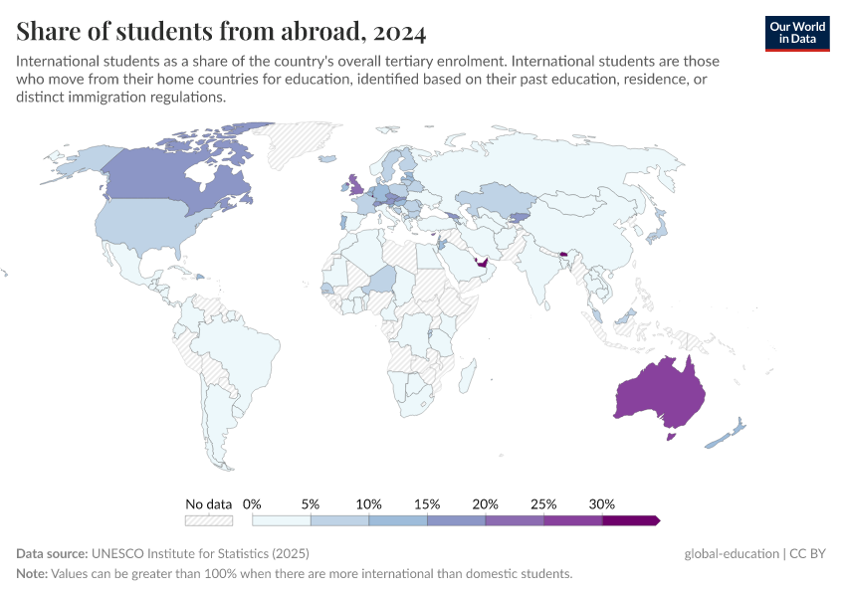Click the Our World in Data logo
[796, 33]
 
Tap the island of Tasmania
[670, 435]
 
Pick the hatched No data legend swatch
[209, 519]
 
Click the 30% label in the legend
[602, 503]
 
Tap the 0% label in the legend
[252, 503]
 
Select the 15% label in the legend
[427, 503]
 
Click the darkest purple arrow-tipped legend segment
[630, 519]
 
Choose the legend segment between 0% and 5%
[282, 519]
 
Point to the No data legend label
[208, 503]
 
